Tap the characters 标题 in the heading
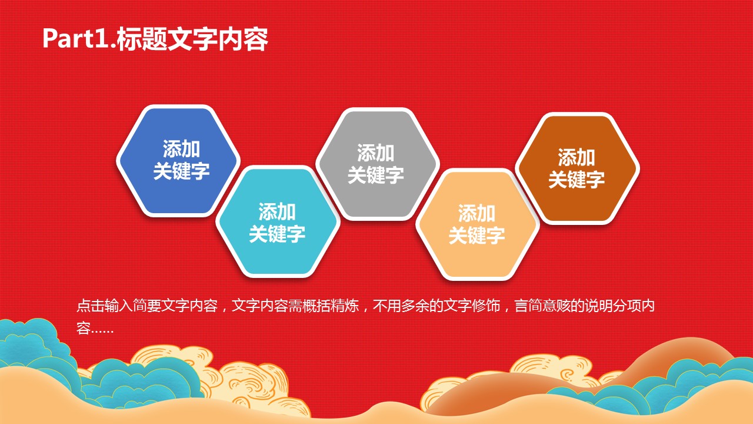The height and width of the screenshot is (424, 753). (142, 39)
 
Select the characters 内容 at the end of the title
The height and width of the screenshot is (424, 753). (244, 39)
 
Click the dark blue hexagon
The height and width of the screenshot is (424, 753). (178, 161)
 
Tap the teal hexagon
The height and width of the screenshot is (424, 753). (278, 221)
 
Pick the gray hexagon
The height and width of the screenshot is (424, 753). (378, 164)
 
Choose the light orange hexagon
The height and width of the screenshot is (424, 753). (477, 224)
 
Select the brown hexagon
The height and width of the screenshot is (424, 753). (577, 168)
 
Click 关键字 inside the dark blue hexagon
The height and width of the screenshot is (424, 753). (182, 171)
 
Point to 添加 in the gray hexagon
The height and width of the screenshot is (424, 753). (376, 153)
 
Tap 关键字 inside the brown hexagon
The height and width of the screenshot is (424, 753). (577, 179)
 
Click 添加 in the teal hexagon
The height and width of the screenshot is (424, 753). (277, 211)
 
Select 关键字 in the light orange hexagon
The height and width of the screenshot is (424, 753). (477, 235)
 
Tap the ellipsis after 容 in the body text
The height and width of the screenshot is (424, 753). (102, 332)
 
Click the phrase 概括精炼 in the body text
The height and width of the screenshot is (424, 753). (331, 306)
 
